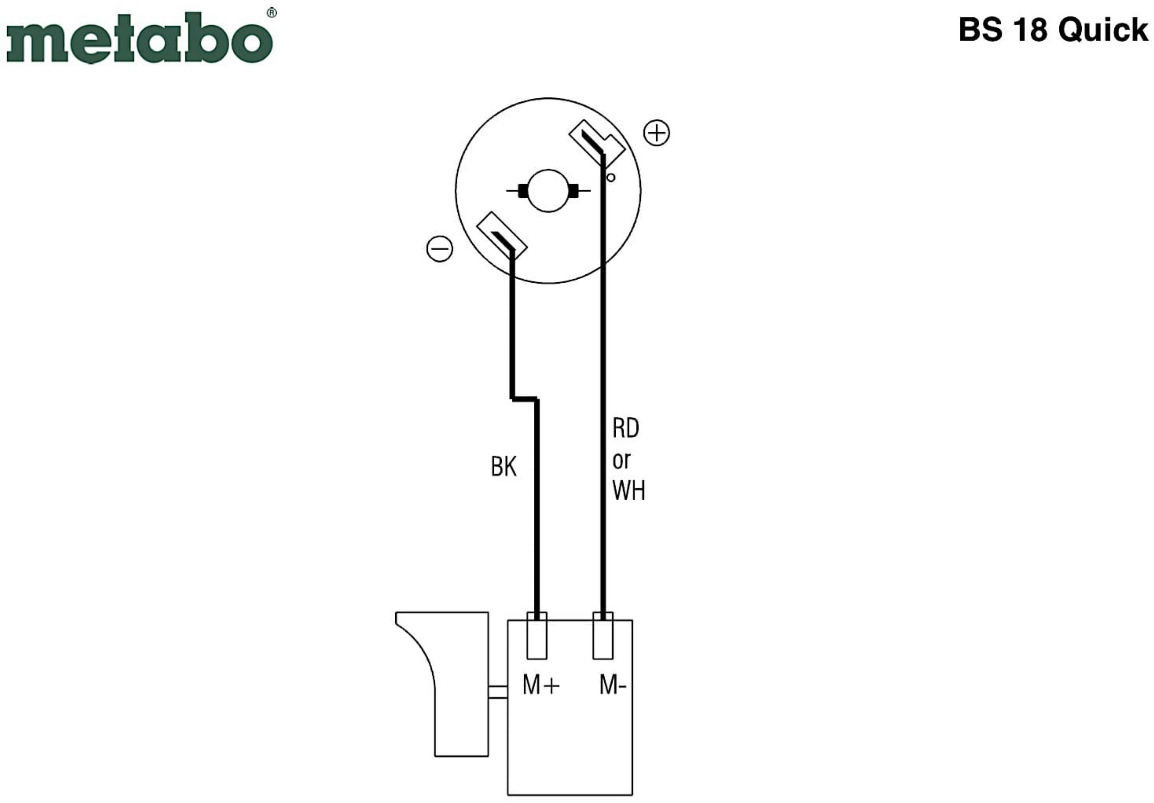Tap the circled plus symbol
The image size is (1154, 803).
tap(656, 133)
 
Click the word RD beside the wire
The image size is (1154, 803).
tap(626, 428)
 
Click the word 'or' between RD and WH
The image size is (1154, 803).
tap(621, 460)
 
